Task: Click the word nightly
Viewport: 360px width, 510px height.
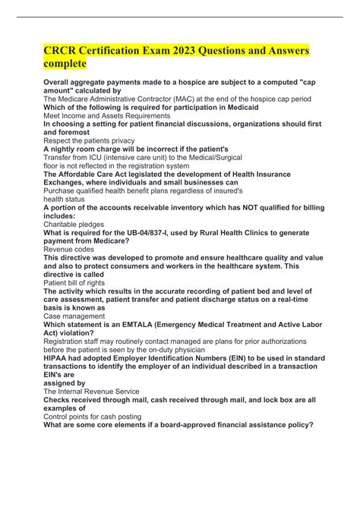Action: tap(68, 150)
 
